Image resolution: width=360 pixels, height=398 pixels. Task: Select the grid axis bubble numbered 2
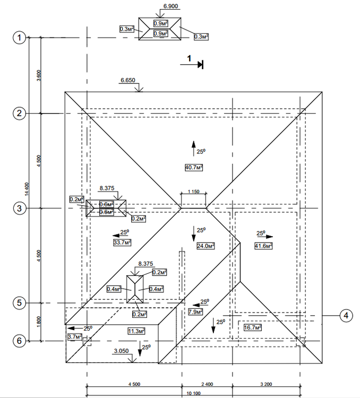coord(19,113)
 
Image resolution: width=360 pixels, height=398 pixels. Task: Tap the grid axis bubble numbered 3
coord(19,208)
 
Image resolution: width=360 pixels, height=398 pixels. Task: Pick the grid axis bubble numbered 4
coord(346,316)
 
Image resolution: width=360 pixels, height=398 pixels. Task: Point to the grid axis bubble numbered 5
coord(19,303)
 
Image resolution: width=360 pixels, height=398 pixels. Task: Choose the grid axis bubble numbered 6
coord(19,341)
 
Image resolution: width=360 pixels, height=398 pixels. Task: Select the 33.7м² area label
coord(123,243)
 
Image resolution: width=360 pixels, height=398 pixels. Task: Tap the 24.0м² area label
coord(205,246)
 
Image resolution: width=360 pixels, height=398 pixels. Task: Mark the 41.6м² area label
coord(263,246)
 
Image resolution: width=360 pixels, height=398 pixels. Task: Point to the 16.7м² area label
coord(252,328)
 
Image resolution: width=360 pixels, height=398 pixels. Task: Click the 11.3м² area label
coord(136,331)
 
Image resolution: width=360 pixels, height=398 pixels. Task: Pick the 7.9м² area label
coord(196,312)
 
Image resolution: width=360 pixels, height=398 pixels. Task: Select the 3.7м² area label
coord(75,336)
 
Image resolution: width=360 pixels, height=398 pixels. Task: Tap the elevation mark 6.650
coord(128,80)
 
